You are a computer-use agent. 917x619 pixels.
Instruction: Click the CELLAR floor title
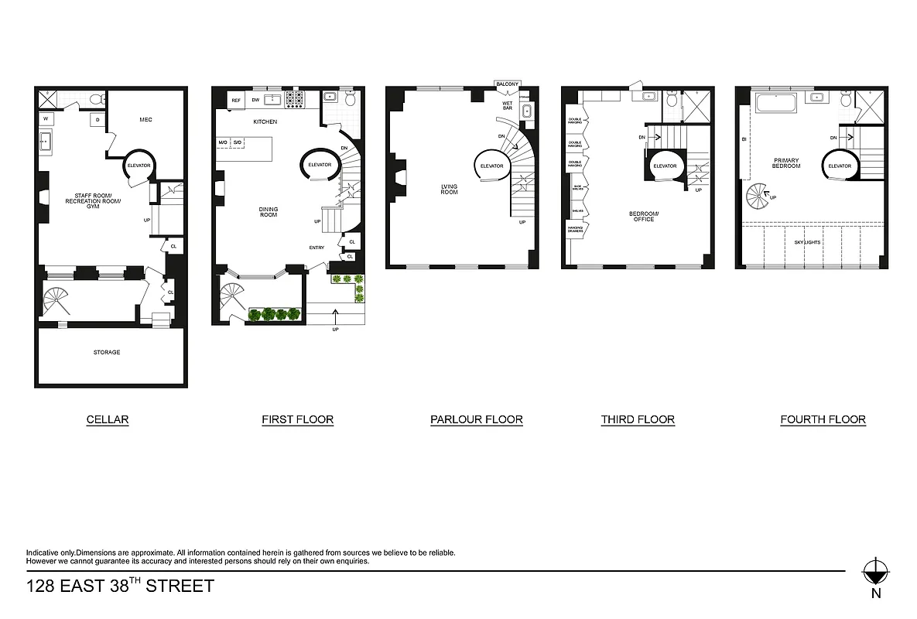pos(107,420)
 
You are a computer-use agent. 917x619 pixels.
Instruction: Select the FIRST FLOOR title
pos(297,420)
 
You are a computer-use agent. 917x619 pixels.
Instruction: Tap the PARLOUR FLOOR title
pos(476,420)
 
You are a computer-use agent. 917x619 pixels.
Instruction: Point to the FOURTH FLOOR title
pos(823,420)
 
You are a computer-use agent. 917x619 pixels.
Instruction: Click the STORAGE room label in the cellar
pos(107,352)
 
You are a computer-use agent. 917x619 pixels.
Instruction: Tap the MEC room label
pos(145,120)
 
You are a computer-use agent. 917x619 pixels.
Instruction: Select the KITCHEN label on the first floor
pos(265,122)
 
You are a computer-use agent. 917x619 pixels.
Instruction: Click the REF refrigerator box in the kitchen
pos(236,101)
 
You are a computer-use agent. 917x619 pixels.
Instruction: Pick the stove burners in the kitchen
pos(295,99)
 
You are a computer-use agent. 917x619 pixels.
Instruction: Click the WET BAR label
pos(508,105)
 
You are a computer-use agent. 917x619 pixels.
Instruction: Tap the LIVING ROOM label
pos(449,190)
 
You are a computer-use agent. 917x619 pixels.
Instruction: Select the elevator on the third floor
pos(665,166)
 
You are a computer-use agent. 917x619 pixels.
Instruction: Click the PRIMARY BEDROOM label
pos(785,163)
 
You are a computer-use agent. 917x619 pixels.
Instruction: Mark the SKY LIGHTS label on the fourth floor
pos(807,242)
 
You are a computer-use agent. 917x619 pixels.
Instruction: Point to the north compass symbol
pos(875,573)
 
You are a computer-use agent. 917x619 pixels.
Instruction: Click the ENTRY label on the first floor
pos(317,248)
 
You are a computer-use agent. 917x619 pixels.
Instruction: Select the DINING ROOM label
pos(269,212)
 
